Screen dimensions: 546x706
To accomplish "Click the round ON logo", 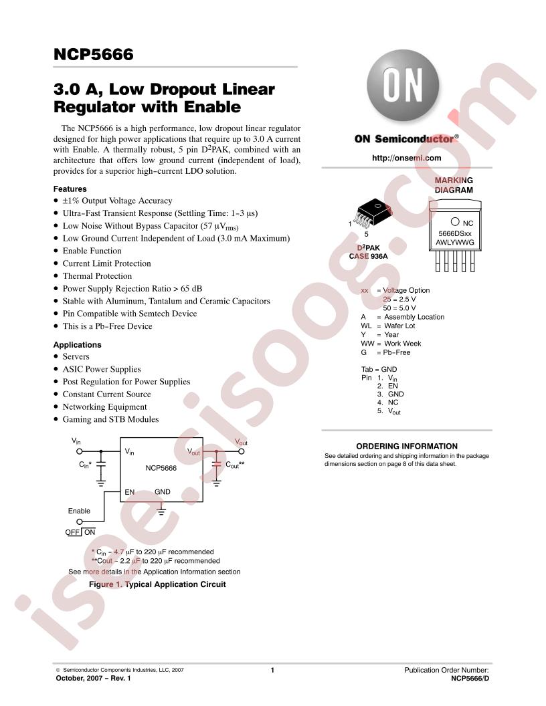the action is click(402, 86).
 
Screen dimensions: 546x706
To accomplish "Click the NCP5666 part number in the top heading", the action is click(93, 54).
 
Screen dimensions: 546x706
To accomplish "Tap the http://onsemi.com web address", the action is click(406, 158).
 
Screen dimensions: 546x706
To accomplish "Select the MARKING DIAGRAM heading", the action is click(454, 185).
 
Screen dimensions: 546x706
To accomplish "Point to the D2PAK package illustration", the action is click(373, 213).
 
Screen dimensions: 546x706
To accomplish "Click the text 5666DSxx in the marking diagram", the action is click(455, 234).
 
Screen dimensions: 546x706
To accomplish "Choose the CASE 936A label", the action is click(368, 256).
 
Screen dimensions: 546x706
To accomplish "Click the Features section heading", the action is click(70, 189).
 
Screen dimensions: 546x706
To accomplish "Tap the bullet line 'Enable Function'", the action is click(92, 251).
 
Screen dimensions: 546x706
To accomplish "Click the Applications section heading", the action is click(77, 345).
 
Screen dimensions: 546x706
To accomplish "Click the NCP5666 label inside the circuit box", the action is click(161, 468).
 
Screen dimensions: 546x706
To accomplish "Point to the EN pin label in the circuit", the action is click(129, 492).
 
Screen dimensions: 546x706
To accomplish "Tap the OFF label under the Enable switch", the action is click(72, 532).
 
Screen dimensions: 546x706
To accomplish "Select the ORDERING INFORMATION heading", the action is click(407, 446).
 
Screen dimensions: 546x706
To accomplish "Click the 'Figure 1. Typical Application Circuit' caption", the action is click(157, 584).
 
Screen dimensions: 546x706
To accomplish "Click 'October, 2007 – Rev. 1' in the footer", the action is click(93, 678).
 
